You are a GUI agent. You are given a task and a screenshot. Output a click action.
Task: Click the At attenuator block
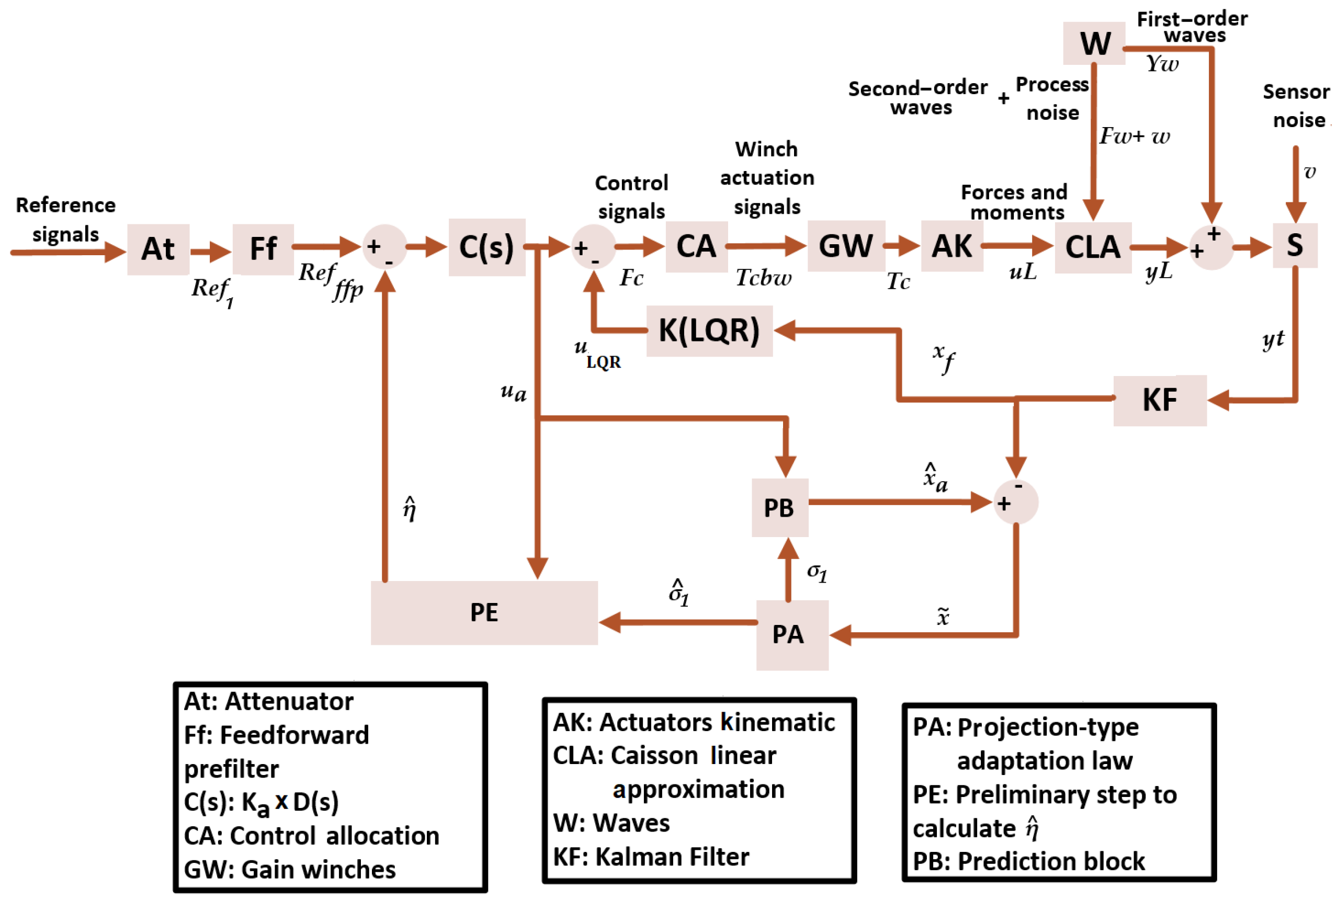158,249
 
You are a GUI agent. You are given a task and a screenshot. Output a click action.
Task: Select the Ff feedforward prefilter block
263,249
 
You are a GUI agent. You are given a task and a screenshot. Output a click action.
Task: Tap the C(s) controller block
486,247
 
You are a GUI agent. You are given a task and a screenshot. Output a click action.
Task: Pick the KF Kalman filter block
1159,400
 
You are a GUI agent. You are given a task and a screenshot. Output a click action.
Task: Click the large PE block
483,612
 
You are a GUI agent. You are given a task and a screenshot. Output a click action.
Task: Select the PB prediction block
779,507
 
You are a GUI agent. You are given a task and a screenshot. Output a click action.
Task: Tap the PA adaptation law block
791,635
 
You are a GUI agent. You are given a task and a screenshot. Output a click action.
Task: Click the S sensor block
1294,246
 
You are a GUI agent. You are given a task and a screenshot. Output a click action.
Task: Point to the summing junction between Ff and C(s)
384,247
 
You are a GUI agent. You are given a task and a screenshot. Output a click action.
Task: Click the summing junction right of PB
1015,502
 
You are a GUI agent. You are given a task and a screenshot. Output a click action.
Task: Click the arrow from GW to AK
901,246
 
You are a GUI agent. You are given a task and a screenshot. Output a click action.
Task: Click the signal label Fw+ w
1134,136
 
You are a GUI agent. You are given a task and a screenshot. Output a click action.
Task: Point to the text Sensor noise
1296,106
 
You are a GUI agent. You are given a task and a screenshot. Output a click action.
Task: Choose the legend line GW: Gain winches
289,870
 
